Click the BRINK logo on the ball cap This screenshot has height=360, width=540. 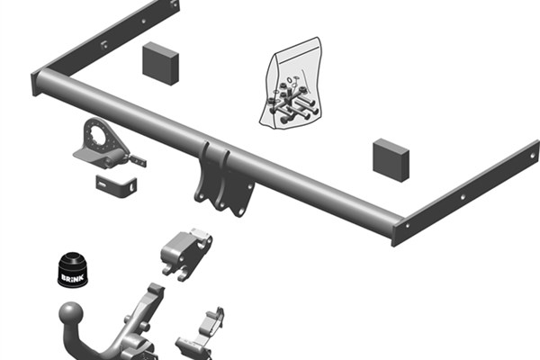pos(72,277)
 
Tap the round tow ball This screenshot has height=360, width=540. pos(71,313)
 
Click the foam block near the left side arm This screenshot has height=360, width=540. pos(160,63)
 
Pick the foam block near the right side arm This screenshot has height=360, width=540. pos(391,160)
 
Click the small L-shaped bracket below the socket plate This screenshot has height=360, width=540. pos(116,186)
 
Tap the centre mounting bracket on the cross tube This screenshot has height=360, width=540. pos(224,179)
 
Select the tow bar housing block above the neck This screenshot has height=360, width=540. pos(186,253)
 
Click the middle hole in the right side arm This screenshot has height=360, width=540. pos(463,197)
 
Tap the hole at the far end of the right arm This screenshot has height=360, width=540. pos(533,156)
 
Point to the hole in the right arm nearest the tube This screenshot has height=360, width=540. pos(408,226)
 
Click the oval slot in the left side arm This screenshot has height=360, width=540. pos(103,44)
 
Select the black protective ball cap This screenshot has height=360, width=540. pos(72,270)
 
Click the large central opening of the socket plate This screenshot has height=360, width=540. pos(97,135)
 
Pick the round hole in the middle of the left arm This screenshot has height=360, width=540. pos(144,22)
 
